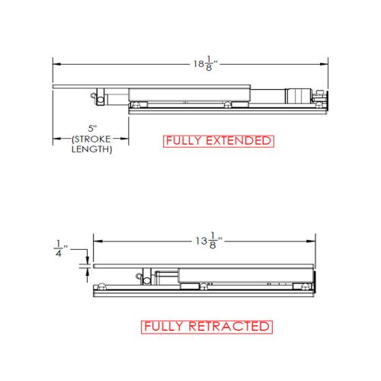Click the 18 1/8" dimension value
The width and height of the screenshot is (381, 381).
point(206,63)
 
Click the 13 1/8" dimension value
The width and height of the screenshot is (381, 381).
point(209,240)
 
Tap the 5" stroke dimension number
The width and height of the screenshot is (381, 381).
point(93,129)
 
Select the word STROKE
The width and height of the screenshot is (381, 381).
point(92,139)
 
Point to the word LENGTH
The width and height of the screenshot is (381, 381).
point(91,149)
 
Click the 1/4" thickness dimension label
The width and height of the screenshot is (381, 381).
point(61,248)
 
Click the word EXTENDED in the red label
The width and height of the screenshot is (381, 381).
point(239,141)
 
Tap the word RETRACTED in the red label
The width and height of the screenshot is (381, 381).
point(229,326)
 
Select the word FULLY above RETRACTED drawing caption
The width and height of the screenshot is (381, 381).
point(164,326)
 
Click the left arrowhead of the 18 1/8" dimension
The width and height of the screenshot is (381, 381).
point(57,64)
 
